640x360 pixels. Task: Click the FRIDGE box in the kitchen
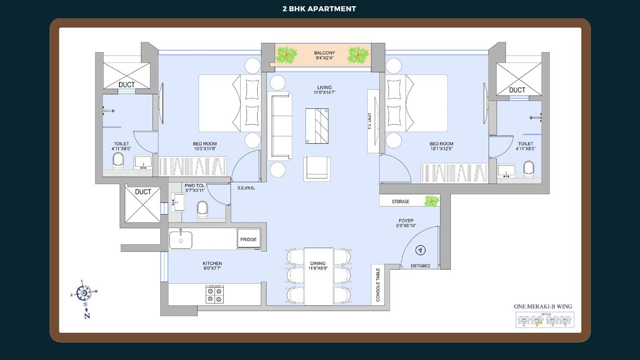pos(248,239)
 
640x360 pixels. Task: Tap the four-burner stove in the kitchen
pos(215,294)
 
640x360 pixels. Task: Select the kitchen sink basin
pos(181,240)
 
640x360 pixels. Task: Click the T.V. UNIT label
pos(370,121)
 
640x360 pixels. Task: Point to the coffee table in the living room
pos(317,126)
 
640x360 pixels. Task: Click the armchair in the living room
pos(317,169)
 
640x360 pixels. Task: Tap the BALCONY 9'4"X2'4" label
pos(324,55)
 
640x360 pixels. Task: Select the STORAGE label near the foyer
pos(401,202)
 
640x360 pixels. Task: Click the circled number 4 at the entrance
pos(420,250)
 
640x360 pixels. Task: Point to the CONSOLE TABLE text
pos(378,285)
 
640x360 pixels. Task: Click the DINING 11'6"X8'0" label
pos(318,266)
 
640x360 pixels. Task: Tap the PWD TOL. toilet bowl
pos(202,209)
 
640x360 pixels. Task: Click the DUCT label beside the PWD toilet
pos(143,192)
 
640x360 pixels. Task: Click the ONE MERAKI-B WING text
pos(543,306)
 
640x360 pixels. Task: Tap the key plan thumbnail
pos(545,320)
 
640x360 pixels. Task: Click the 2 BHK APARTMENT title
pos(319,9)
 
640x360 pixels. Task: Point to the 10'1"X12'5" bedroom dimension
pos(441,149)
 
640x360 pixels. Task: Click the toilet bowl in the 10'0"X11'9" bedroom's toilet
pos(118,160)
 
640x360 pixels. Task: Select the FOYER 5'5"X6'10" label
pos(406,223)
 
